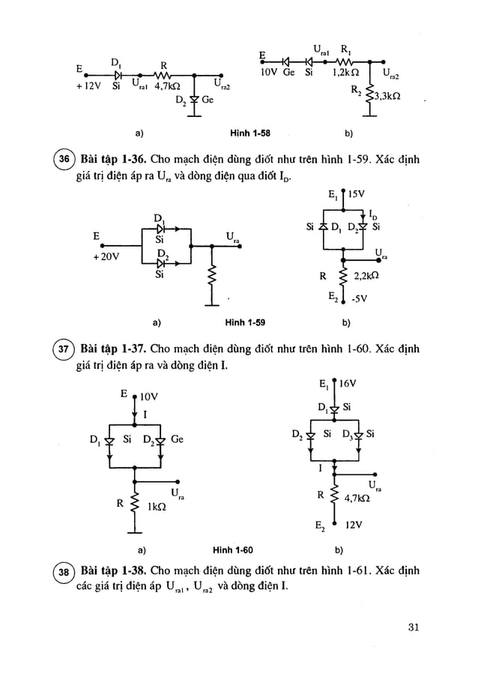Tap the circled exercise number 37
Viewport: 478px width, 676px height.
tap(65, 351)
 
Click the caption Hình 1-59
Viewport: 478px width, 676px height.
tap(246, 324)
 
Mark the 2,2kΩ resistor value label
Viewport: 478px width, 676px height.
tap(368, 275)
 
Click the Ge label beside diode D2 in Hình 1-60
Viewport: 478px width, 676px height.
tap(177, 439)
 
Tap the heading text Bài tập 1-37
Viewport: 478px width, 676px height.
tap(112, 351)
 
